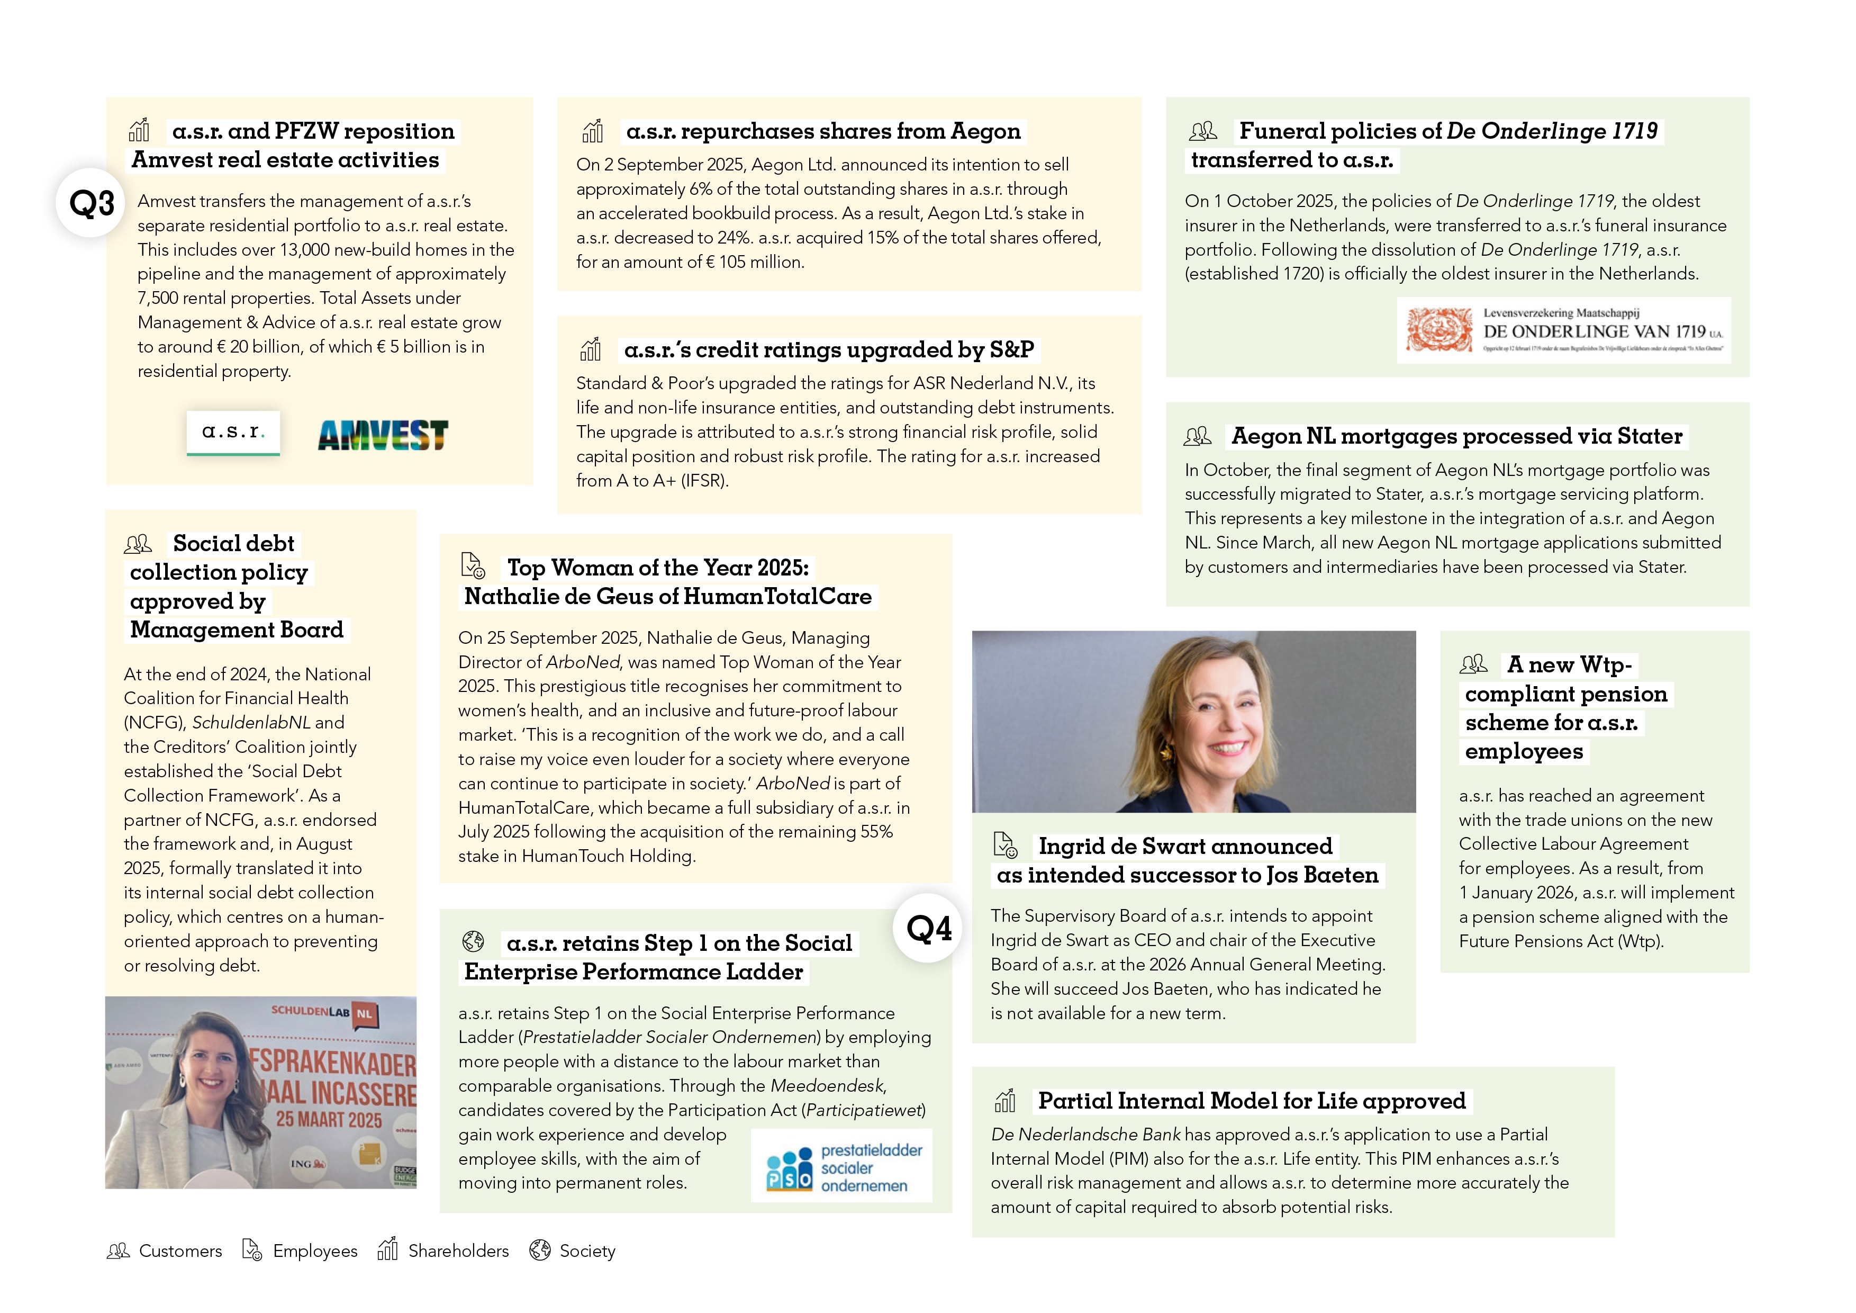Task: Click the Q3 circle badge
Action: tap(90, 202)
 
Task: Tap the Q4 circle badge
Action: tap(928, 928)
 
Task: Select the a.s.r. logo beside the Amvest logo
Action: tap(233, 433)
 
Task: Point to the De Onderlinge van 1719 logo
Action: tap(1563, 331)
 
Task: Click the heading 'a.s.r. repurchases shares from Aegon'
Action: tap(823, 131)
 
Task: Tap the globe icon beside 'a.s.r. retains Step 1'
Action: tap(473, 942)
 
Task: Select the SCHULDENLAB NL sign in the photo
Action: tap(323, 1012)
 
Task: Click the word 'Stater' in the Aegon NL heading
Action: tap(1649, 437)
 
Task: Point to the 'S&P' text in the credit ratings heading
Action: tap(1011, 349)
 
